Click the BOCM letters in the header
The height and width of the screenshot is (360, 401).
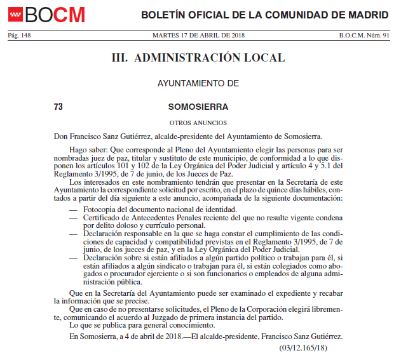55,14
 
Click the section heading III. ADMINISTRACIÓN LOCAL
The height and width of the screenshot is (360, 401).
198,58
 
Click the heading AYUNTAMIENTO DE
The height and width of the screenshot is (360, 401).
198,83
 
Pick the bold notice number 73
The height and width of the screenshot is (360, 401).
58,107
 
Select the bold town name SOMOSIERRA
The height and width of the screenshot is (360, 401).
198,107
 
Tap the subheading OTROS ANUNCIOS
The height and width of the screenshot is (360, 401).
198,123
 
